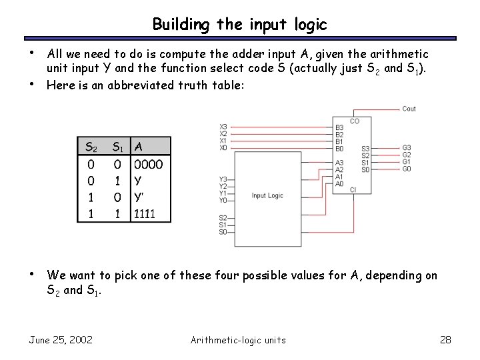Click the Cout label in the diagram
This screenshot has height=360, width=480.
tap(409, 109)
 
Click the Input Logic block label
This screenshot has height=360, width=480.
tap(267, 195)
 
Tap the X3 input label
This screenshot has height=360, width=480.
tap(223, 127)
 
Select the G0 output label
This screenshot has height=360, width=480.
tap(407, 169)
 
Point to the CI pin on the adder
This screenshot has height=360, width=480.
tap(353, 190)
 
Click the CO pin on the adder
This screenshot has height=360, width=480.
tap(354, 121)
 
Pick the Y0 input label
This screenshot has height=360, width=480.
tap(223, 200)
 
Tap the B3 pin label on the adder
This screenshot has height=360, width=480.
tap(339, 127)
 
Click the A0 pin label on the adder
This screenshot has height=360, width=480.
tap(339, 183)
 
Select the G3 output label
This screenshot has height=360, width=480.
tap(407, 147)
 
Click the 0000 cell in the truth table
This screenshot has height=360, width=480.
tap(148, 164)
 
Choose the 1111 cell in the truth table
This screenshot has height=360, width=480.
tap(145, 214)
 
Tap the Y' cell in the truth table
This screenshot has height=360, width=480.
tap(139, 197)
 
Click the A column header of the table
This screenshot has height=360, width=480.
tap(138, 146)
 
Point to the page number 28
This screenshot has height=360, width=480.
tap(446, 340)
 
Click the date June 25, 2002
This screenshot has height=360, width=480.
tap(61, 340)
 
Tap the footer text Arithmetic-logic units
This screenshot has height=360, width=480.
tap(238, 340)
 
